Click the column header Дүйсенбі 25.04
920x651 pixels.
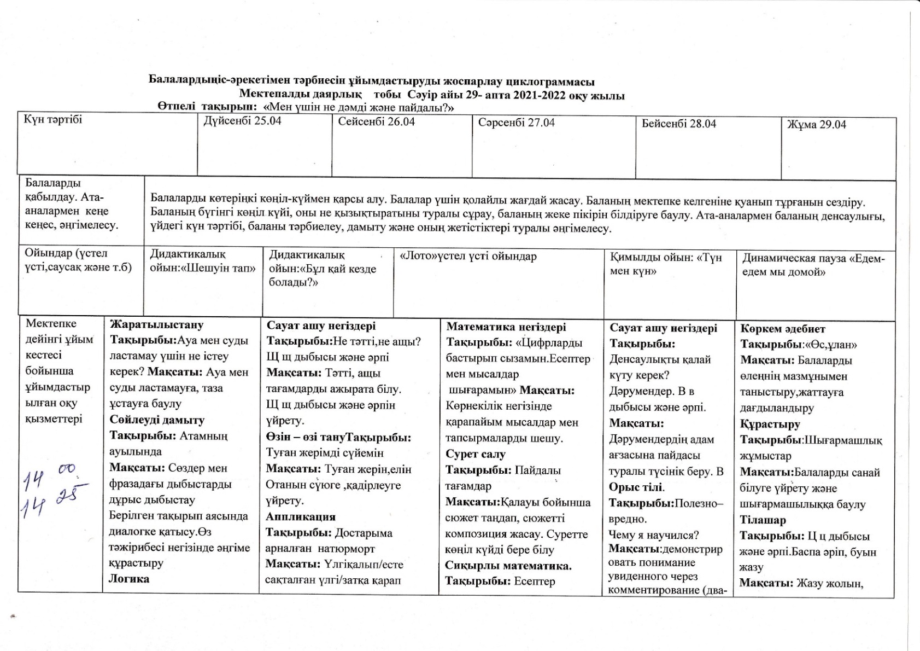point(242,121)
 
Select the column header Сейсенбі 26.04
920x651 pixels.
point(376,121)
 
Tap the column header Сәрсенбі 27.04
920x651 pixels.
point(516,123)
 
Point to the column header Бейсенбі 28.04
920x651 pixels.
point(678,124)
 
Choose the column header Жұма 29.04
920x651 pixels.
point(816,125)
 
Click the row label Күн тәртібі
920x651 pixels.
point(53,119)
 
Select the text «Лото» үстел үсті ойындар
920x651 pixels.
point(468,256)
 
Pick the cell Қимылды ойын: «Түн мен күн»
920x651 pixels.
point(666,264)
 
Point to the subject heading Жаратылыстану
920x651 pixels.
point(156,324)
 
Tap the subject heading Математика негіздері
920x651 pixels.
point(506,327)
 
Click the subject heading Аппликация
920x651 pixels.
point(300,517)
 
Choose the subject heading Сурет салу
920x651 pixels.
point(475,454)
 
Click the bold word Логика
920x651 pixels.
point(129,579)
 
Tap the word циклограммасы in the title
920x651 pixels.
point(553,82)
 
